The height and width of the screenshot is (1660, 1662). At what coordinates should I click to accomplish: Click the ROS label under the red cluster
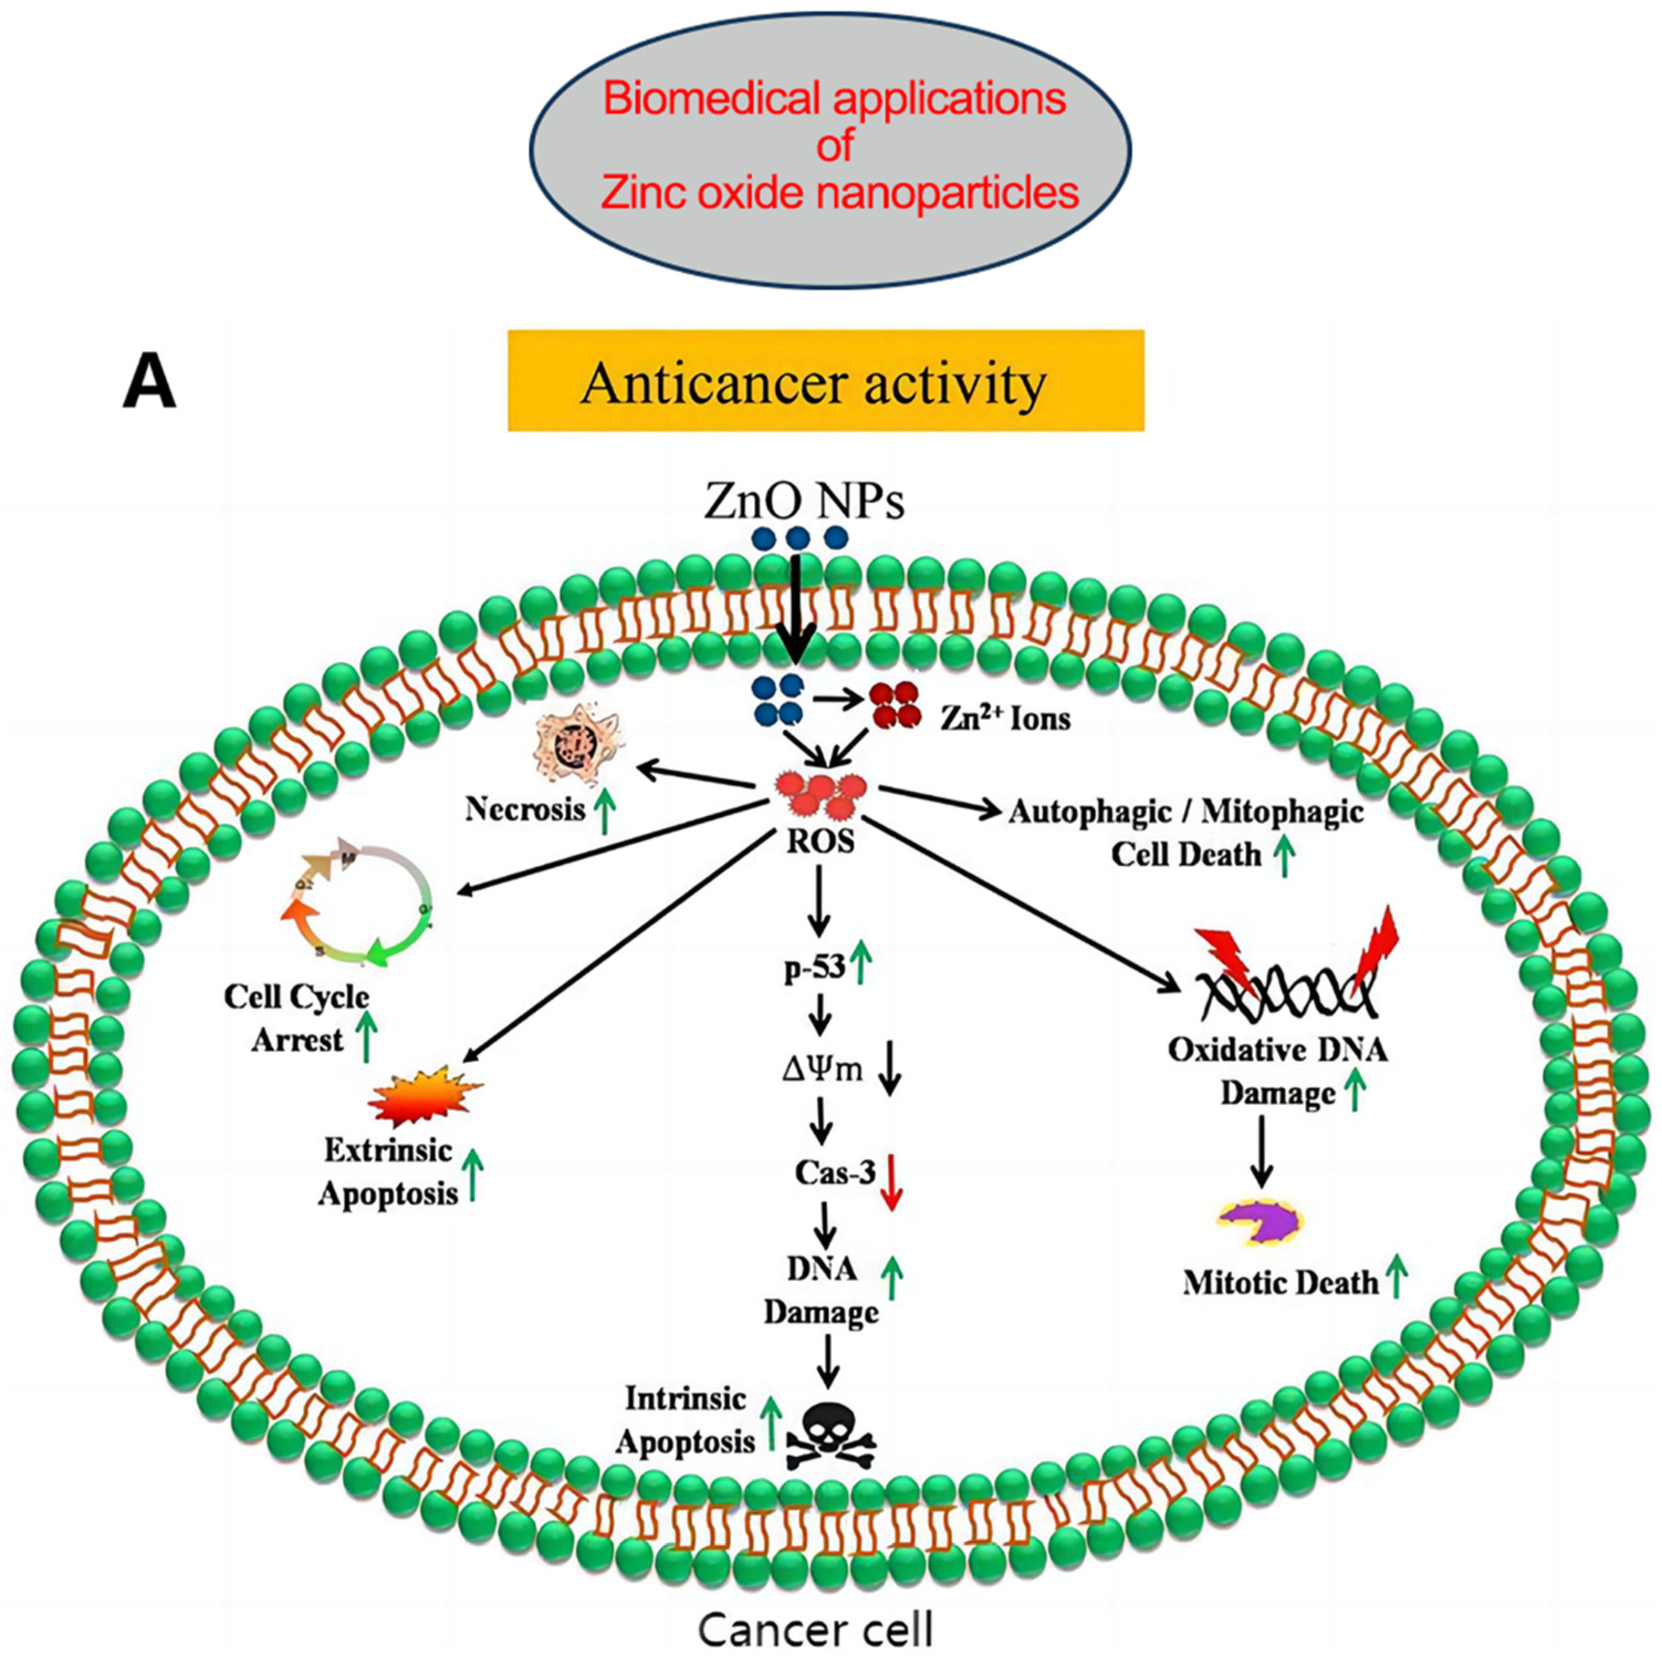(820, 841)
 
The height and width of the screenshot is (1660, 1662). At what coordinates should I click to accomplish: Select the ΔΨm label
(822, 1070)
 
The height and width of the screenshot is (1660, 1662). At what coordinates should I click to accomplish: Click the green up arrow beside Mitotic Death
(1396, 1276)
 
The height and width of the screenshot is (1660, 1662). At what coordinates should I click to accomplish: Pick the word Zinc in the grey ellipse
(642, 192)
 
